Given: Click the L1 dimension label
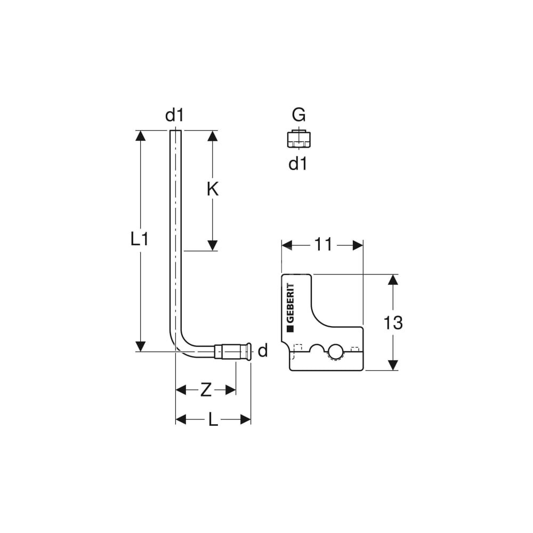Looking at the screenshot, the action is pyautogui.click(x=140, y=239).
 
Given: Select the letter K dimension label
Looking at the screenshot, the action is pyautogui.click(x=213, y=189).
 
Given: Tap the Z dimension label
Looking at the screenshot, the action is pyautogui.click(x=206, y=390).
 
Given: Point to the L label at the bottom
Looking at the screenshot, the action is pyautogui.click(x=213, y=420).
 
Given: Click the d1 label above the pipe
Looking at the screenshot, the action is pyautogui.click(x=174, y=115).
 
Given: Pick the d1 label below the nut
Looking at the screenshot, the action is pyautogui.click(x=298, y=164).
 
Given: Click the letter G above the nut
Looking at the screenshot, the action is pyautogui.click(x=298, y=115).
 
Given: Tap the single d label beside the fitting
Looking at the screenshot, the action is pyautogui.click(x=263, y=351).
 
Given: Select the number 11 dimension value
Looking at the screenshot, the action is pyautogui.click(x=323, y=245).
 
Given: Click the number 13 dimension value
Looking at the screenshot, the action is pyautogui.click(x=393, y=322).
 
